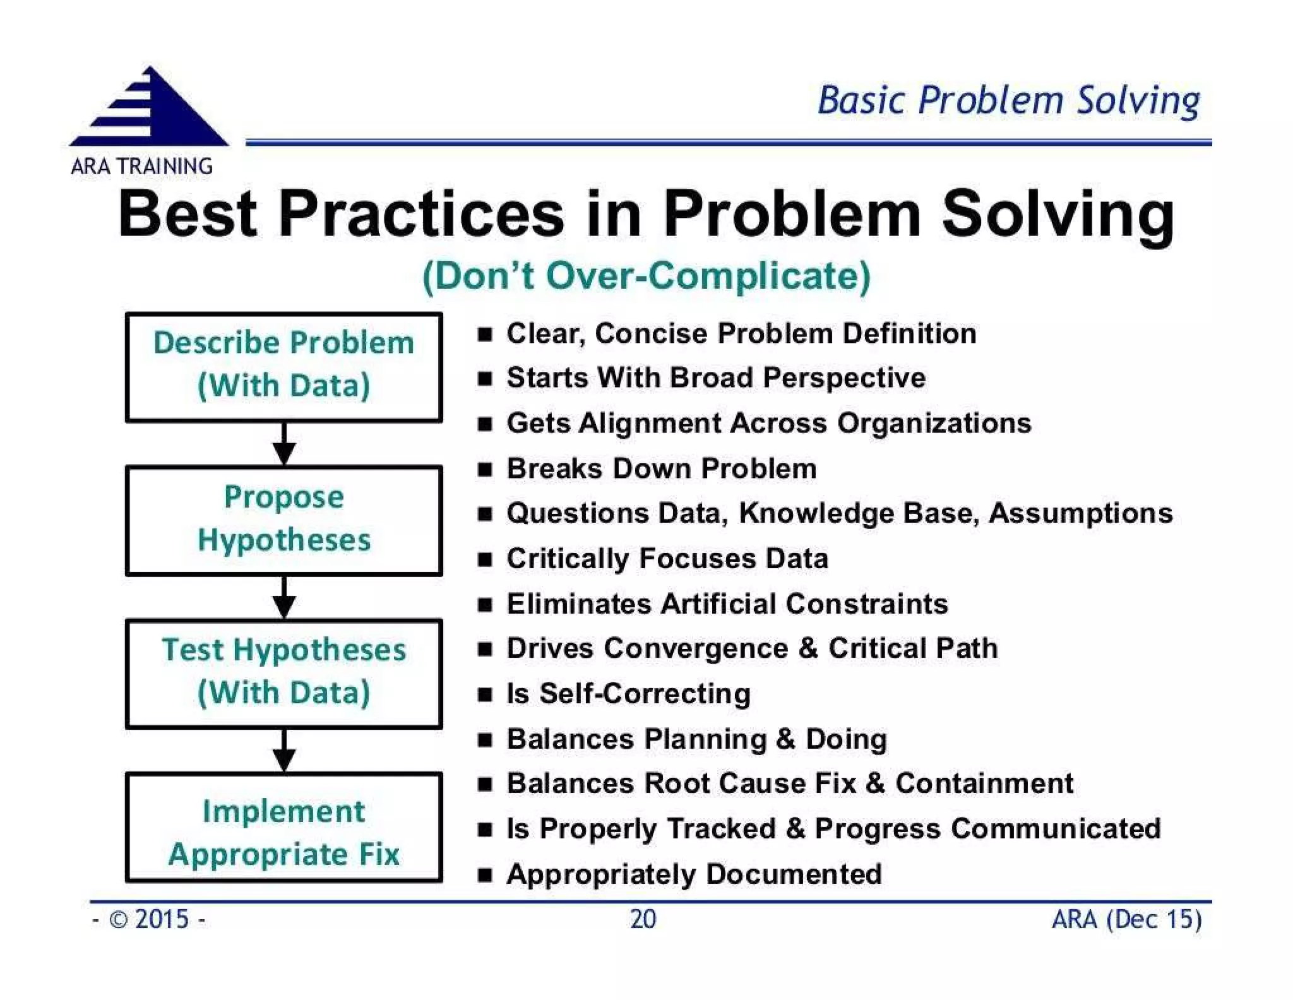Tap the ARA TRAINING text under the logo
click(141, 167)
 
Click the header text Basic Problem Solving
click(1008, 101)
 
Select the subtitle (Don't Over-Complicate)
click(646, 276)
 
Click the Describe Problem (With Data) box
click(284, 367)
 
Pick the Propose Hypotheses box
click(284, 520)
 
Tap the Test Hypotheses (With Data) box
click(284, 673)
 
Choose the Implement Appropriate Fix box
click(284, 826)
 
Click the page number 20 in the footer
click(643, 919)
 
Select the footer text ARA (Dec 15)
click(1126, 919)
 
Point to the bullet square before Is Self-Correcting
click(484, 695)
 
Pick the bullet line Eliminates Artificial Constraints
click(727, 604)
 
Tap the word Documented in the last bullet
click(794, 874)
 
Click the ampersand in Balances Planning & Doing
click(785, 739)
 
